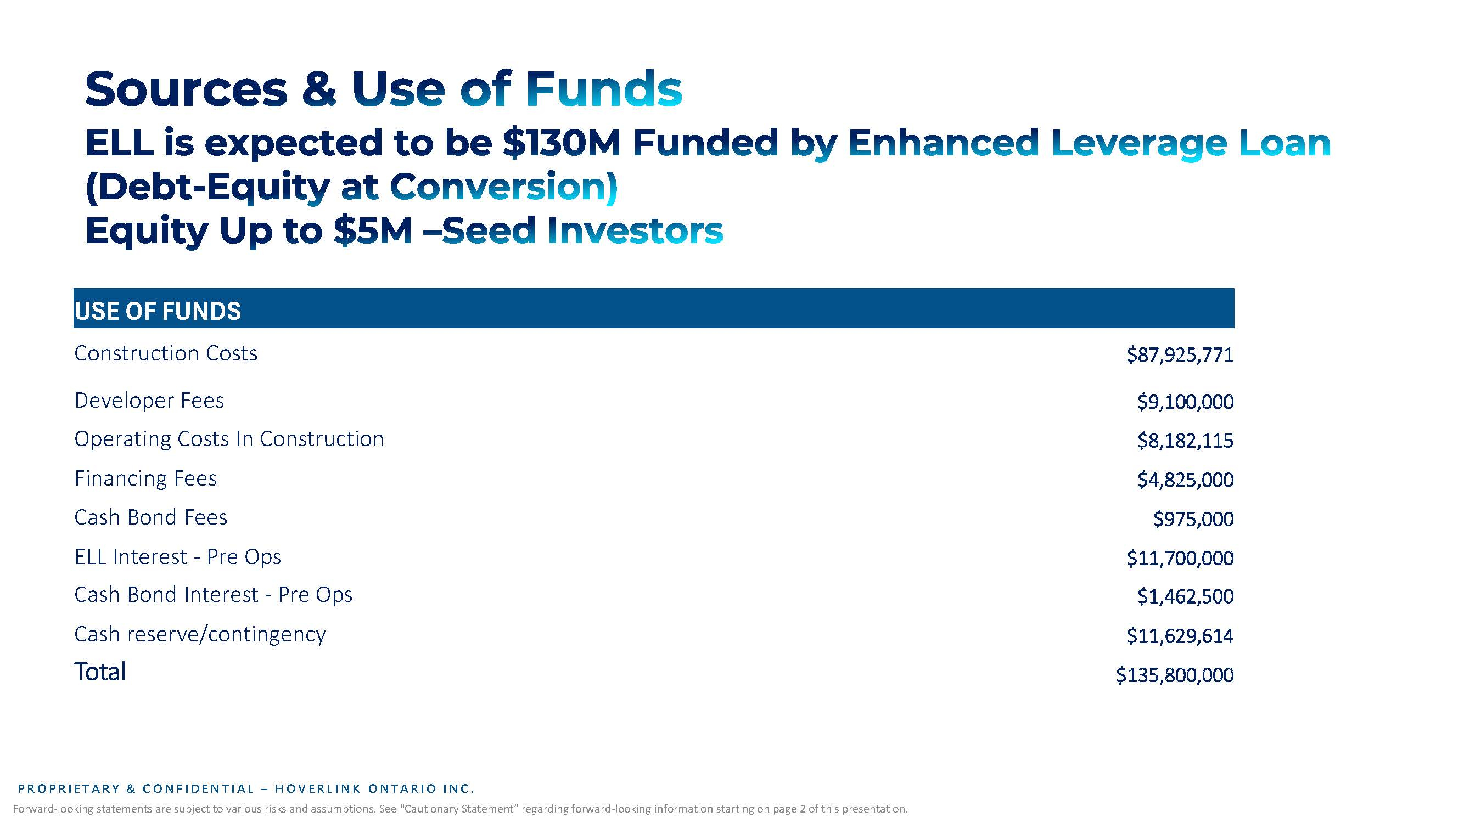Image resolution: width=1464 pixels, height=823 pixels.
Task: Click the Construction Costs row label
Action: tap(166, 353)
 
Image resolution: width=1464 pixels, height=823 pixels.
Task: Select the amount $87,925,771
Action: tap(1180, 355)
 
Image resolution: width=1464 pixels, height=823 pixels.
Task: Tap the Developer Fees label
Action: tap(149, 401)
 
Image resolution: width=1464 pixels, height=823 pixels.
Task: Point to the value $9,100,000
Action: tap(1186, 402)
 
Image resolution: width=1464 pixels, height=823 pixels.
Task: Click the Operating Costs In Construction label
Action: tap(229, 439)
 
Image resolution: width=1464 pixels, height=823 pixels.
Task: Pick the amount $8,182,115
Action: tap(1186, 441)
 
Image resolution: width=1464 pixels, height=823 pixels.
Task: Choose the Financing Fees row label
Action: tap(145, 479)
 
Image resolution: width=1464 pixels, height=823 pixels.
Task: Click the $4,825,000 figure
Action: tap(1186, 480)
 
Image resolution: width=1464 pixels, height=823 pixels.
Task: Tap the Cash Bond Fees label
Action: tap(150, 517)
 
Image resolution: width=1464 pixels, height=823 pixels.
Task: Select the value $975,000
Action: tap(1193, 519)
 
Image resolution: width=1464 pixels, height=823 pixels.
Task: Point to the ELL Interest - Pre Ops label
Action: tap(178, 556)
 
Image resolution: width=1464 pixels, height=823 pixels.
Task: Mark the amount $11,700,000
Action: tap(1180, 559)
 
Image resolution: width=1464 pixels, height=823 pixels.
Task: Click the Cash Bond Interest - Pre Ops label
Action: tap(213, 595)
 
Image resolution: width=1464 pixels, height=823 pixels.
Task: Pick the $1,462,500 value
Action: tap(1186, 596)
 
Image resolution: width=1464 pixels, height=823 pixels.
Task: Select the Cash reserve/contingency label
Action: tap(200, 634)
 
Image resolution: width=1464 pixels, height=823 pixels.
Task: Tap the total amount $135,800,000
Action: tap(1175, 675)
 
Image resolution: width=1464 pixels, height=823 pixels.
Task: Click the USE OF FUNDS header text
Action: tap(158, 311)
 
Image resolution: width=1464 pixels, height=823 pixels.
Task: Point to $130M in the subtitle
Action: tap(562, 143)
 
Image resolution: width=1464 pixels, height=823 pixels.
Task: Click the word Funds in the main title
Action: tap(604, 89)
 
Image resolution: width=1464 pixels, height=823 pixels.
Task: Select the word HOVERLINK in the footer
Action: tap(318, 789)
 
